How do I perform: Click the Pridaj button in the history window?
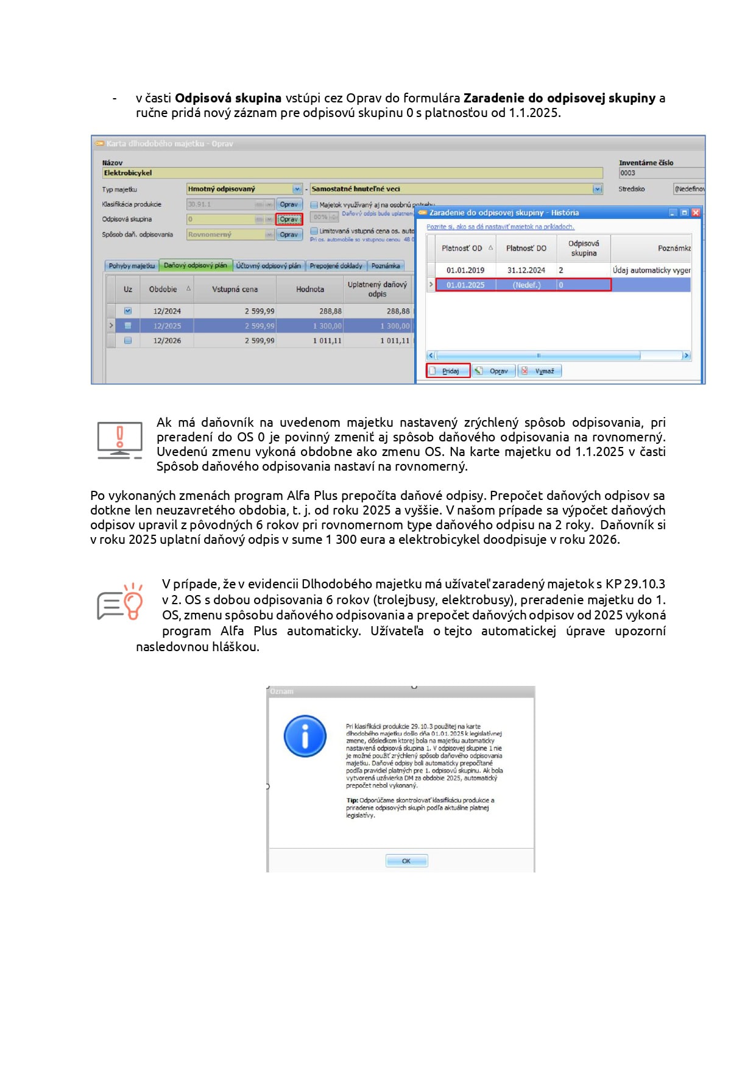pyautogui.click(x=448, y=371)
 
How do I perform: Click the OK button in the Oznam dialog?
pyautogui.click(x=406, y=861)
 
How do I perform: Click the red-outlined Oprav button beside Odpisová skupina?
pyautogui.click(x=289, y=219)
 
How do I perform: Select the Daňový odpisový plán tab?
pyautogui.click(x=196, y=266)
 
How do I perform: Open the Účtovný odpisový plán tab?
pyautogui.click(x=269, y=266)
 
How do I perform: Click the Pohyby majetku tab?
pyautogui.click(x=132, y=266)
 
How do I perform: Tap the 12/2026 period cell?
pyautogui.click(x=167, y=341)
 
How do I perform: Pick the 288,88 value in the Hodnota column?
pyautogui.click(x=330, y=312)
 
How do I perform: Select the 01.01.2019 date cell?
pyautogui.click(x=465, y=270)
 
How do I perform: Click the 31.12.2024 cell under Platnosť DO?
pyautogui.click(x=526, y=270)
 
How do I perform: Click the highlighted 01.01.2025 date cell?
pyautogui.click(x=465, y=285)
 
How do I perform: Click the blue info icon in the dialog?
pyautogui.click(x=305, y=736)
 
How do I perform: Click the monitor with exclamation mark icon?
pyautogui.click(x=120, y=440)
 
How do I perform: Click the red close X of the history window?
pyautogui.click(x=696, y=213)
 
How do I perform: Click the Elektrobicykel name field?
pyautogui.click(x=352, y=173)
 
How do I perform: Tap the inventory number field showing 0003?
pyautogui.click(x=661, y=173)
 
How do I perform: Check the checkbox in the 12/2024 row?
pyautogui.click(x=128, y=311)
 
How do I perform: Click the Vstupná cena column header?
pyautogui.click(x=235, y=290)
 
